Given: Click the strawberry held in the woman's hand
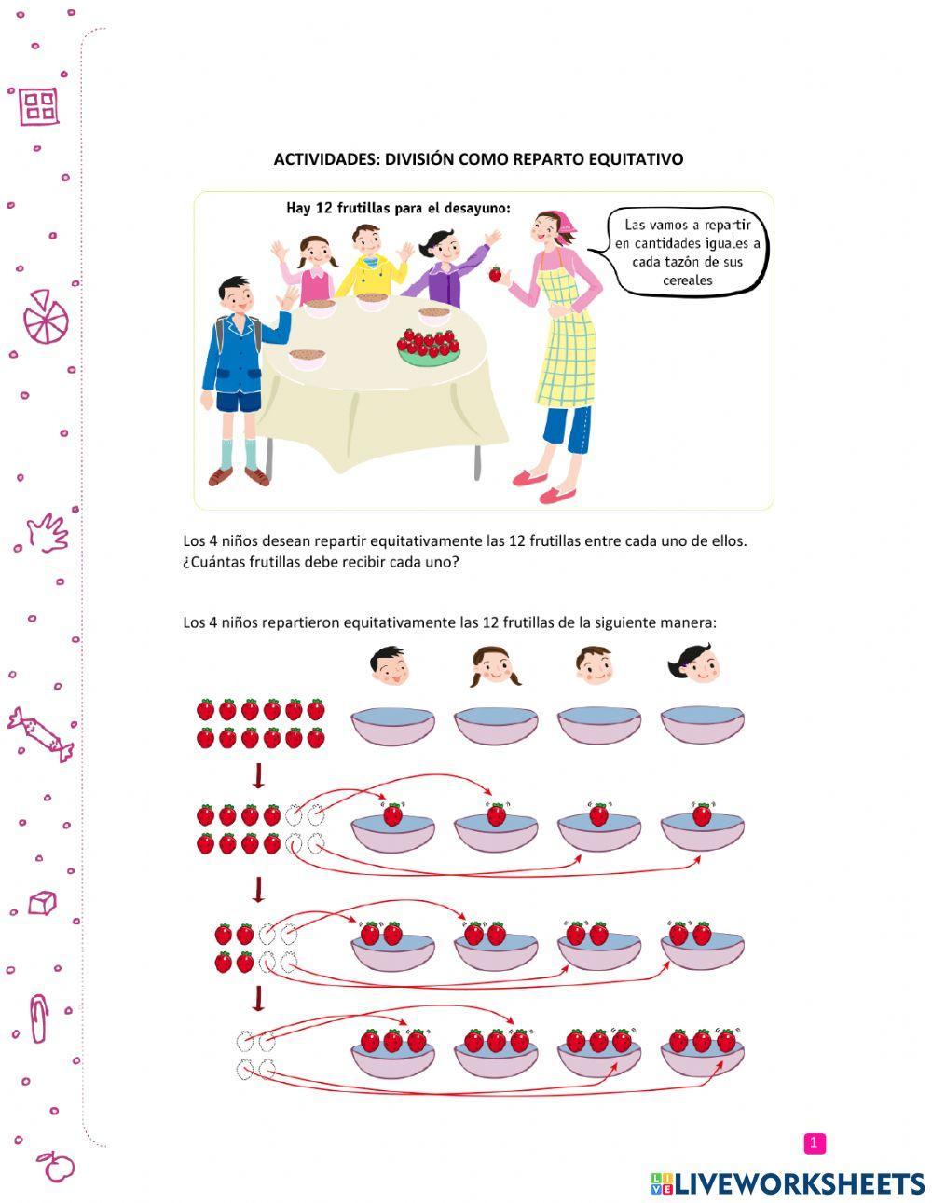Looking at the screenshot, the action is (495, 274).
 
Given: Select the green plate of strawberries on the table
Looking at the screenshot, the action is (429, 348).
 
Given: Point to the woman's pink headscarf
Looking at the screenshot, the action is (562, 226).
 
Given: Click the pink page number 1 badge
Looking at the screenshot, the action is (814, 1142).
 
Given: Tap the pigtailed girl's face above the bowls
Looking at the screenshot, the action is (495, 666).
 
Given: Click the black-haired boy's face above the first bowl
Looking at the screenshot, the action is (390, 666).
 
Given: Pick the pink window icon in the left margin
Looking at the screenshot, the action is (39, 105).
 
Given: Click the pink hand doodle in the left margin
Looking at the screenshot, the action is (48, 533).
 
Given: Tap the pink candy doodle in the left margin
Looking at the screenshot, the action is (40, 734).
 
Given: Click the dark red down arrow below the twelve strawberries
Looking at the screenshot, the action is (258, 775).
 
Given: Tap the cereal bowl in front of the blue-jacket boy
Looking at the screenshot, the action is (308, 359).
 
